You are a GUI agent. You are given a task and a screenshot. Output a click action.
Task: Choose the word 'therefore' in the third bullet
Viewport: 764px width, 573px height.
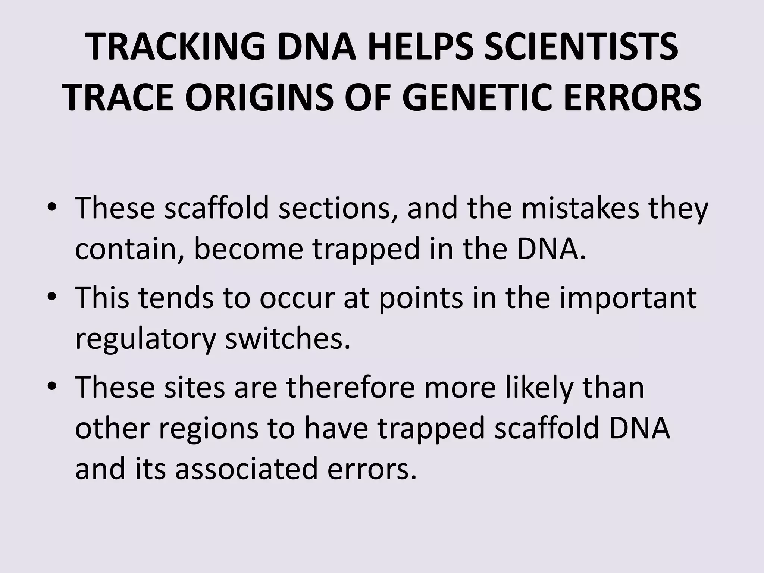[351, 387]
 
